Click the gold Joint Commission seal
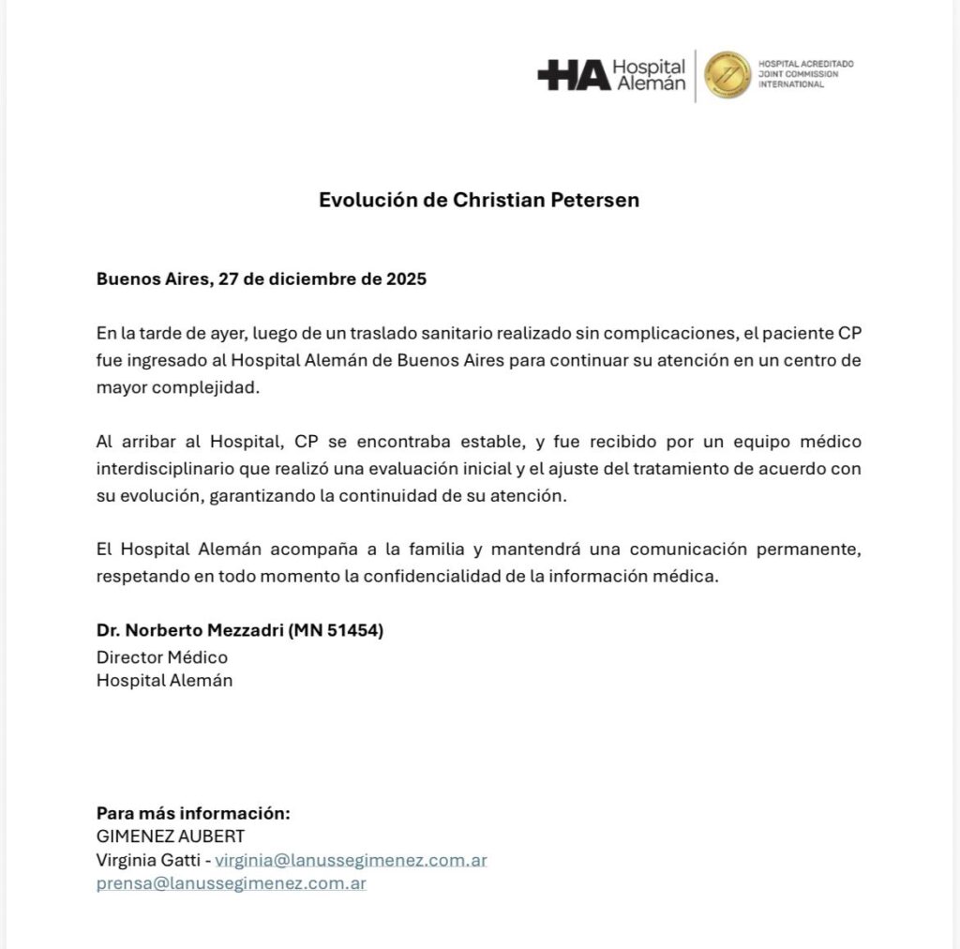(x=727, y=75)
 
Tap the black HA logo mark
(x=574, y=76)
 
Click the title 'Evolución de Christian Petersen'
(x=479, y=200)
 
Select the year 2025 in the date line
(x=404, y=279)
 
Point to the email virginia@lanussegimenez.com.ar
(x=351, y=860)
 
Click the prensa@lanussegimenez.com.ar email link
(x=231, y=883)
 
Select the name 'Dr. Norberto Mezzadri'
(x=189, y=630)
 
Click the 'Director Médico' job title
(x=162, y=656)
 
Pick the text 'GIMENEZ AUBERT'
(x=171, y=836)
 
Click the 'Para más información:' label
(x=193, y=813)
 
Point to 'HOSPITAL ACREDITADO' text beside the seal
(x=806, y=64)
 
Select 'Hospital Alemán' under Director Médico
(x=164, y=681)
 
